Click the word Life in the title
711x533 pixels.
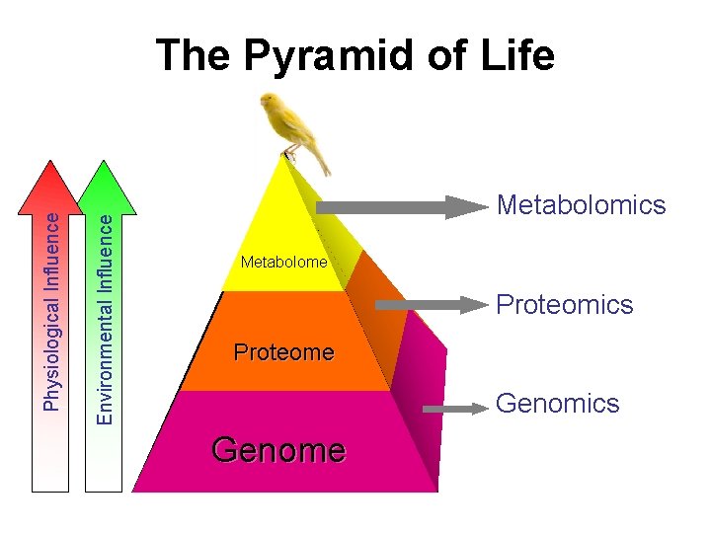pos(513,56)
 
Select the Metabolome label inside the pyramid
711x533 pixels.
pos(283,263)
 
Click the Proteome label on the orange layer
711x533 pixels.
pos(283,352)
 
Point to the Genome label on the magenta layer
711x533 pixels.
pos(278,450)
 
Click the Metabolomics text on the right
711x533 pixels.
pos(582,205)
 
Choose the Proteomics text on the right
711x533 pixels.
pos(564,304)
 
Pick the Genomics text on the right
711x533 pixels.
pos(557,403)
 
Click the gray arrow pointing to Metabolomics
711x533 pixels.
pos(395,207)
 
